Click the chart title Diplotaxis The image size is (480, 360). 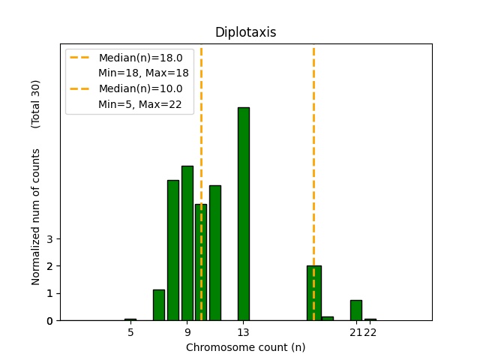coord(245,32)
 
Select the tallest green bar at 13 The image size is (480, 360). coord(244,214)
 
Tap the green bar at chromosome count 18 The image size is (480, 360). coord(313,293)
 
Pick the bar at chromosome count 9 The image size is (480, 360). coord(187,243)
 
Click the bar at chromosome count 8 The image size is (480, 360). coord(173,250)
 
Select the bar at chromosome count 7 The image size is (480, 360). coord(159,305)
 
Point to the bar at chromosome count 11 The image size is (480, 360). coord(215,253)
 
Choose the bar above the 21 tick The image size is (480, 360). coord(355,310)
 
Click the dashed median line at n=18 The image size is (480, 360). coord(313,150)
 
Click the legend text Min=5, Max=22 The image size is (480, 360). coord(140,104)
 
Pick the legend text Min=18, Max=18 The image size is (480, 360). coord(143,73)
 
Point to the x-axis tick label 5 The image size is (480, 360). coord(130,332)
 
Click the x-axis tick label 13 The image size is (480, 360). coord(244,332)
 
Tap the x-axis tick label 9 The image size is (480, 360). coord(187,332)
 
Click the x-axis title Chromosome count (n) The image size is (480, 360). coord(245,347)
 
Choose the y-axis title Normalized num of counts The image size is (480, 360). coord(36,217)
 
